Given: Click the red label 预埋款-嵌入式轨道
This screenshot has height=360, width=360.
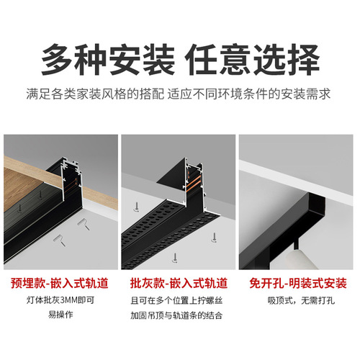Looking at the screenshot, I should [x=60, y=283].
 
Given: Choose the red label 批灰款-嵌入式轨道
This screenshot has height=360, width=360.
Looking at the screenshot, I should [x=179, y=283].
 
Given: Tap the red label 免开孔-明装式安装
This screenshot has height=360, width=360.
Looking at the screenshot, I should [x=300, y=283].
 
